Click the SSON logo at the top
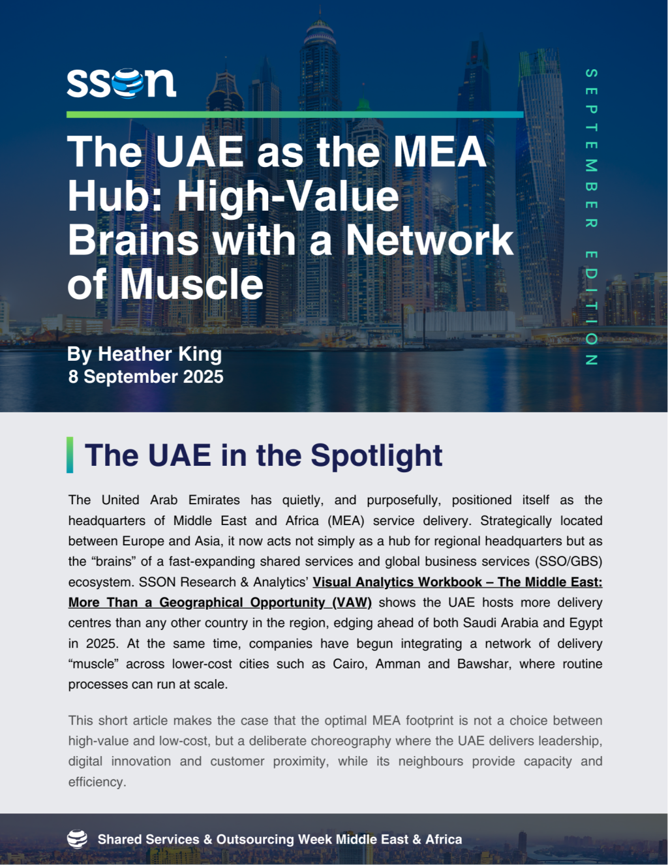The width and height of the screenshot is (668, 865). click(x=121, y=83)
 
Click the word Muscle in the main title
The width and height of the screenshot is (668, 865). click(x=192, y=284)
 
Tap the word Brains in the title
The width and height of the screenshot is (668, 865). click(x=133, y=240)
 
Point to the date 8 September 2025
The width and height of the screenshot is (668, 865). click(x=146, y=377)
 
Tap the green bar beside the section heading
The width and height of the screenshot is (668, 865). click(x=70, y=455)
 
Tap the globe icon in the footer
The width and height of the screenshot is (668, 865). click(x=78, y=839)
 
